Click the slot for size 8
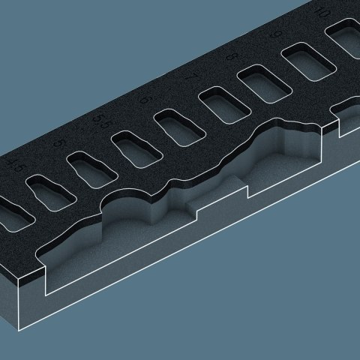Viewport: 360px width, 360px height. click(262, 83)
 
